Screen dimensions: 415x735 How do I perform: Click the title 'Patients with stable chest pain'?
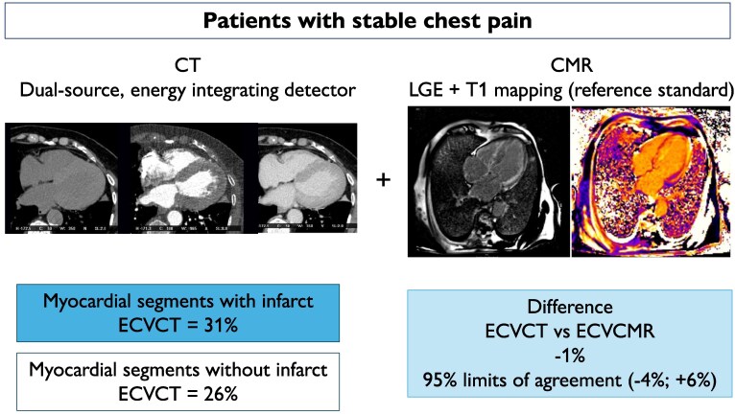pos(368,20)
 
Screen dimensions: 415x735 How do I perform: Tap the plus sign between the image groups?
pos(384,179)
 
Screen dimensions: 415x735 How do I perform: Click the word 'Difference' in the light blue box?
pos(568,309)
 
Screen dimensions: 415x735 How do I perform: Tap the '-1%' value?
pos(568,353)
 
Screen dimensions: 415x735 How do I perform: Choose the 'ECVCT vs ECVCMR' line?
pos(568,331)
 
